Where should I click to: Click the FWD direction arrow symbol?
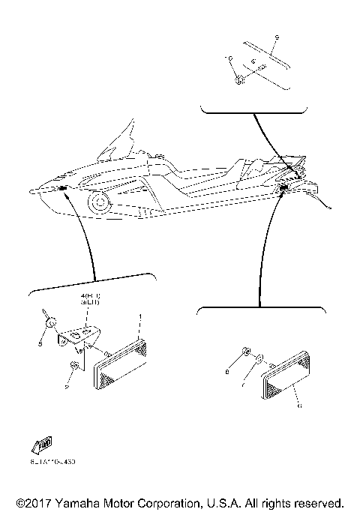coord(42,444)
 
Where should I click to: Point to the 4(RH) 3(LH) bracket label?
coord(91,302)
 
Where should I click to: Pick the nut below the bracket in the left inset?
coord(73,366)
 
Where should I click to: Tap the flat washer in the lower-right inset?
coord(258,359)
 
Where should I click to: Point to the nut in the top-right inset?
coord(238,79)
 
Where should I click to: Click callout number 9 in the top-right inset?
coord(277,37)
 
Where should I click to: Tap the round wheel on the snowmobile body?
coord(97,202)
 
